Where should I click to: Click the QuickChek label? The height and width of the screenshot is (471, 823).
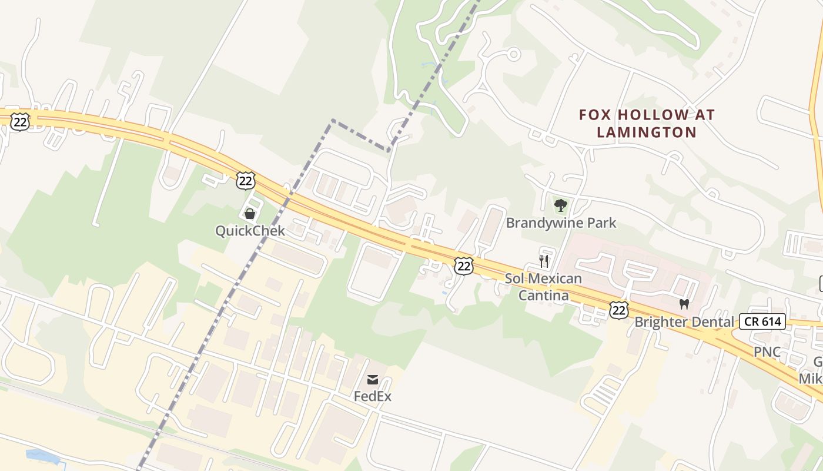(250, 231)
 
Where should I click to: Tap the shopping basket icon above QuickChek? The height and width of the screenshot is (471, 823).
(250, 213)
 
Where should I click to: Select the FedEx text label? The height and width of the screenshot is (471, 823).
(372, 396)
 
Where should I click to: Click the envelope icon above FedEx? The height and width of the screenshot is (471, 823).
(373, 380)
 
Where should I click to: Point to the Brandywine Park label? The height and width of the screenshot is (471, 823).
(561, 223)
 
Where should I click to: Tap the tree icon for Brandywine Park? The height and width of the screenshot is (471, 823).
(561, 205)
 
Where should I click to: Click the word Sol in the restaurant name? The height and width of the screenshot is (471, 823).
(515, 278)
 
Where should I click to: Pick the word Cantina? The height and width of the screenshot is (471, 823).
(543, 295)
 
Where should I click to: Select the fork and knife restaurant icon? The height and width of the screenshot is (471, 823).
(544, 261)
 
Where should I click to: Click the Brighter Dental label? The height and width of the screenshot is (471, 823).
(684, 322)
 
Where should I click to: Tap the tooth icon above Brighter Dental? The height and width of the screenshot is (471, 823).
(684, 304)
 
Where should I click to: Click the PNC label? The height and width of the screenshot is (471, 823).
(767, 352)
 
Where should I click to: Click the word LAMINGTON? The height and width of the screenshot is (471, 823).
(647, 132)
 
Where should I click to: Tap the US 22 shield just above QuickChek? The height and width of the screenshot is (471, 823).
(245, 180)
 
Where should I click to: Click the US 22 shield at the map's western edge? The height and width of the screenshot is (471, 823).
(20, 122)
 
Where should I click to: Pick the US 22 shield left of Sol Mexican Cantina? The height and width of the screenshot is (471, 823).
(464, 266)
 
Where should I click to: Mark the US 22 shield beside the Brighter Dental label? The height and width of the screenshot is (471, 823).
(618, 310)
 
